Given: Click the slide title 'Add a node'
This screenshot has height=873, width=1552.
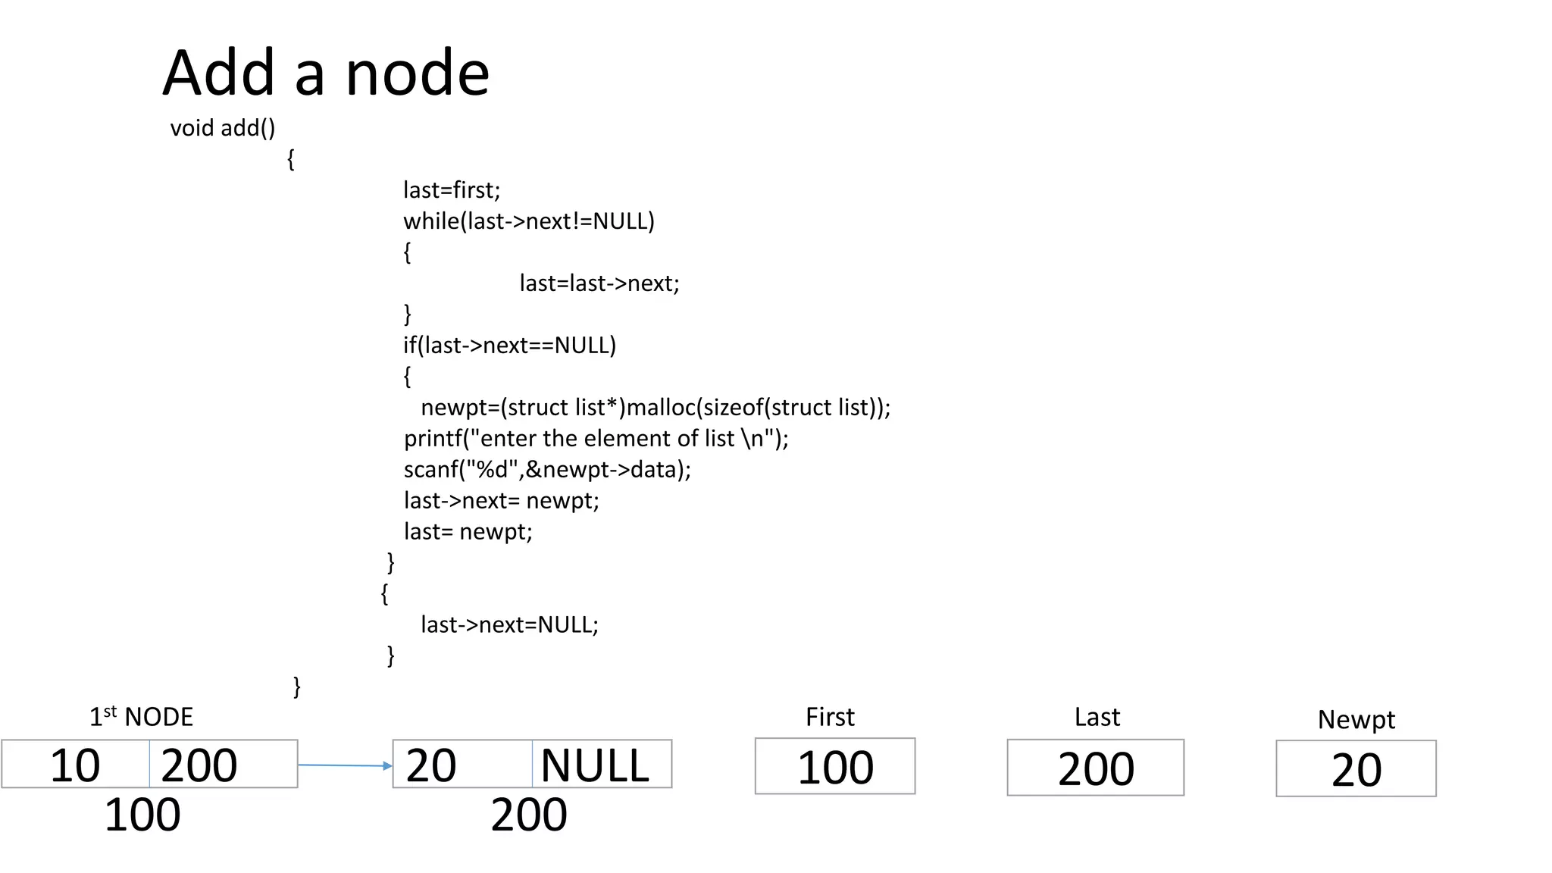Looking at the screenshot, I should (326, 73).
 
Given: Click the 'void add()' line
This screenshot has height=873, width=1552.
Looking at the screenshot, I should (222, 128).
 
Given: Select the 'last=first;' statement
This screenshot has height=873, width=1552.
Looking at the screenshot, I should (452, 189).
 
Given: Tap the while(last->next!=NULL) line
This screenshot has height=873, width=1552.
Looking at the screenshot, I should (528, 221).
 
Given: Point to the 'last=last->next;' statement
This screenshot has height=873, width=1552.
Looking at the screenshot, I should (599, 283).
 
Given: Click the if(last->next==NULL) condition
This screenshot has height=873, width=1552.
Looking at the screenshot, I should (509, 345).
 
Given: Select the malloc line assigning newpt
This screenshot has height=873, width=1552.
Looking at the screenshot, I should (655, 407).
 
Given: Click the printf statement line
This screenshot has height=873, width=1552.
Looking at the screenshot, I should (596, 438).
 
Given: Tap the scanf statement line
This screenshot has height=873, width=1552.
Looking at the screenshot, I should (546, 469).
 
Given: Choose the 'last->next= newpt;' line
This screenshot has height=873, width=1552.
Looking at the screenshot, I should (501, 500).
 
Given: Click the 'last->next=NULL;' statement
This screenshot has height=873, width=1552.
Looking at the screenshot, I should (509, 624).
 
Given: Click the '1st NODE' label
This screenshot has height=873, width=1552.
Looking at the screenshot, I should (141, 717).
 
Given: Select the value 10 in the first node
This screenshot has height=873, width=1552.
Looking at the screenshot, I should (74, 765).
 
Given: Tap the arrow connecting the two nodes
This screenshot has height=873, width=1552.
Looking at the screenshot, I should (345, 765).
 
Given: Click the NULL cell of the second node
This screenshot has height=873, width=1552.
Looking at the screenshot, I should (596, 765).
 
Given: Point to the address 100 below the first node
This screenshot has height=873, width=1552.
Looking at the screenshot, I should (142, 815).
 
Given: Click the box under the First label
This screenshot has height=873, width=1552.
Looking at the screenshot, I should (834, 766).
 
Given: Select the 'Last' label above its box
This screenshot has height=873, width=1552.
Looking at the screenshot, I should (1097, 717).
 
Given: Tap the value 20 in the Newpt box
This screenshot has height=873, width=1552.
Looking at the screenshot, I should (1356, 769).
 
